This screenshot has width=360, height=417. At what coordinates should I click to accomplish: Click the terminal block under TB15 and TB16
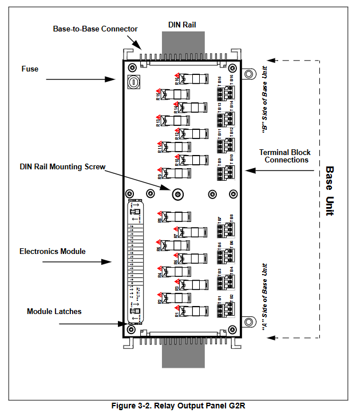pos(226,92)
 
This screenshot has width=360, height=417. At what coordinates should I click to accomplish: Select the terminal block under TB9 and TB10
pos(226,172)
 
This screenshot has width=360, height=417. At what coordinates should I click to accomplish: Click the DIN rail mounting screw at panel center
pos(178,193)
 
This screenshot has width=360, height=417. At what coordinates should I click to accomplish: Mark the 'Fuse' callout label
pos(30,69)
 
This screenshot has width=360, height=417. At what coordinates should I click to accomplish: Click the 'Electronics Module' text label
pos(52,251)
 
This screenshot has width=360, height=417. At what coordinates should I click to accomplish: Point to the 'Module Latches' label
pos(54,311)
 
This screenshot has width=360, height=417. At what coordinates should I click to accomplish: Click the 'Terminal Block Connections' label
pos(285,156)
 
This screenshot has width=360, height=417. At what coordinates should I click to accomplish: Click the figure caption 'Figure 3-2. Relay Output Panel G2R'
pos(178,406)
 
